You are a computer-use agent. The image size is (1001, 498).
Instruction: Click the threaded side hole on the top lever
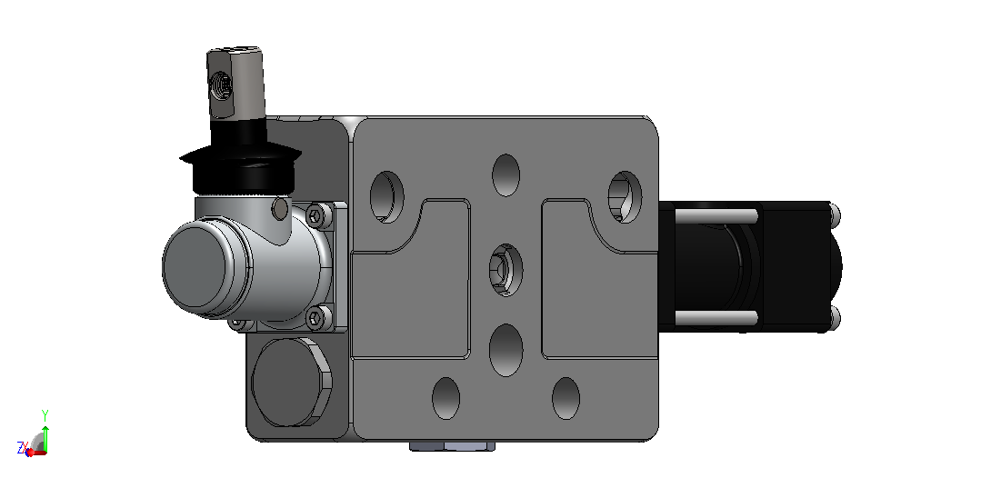(221, 85)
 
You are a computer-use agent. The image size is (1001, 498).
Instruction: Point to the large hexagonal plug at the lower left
(292, 383)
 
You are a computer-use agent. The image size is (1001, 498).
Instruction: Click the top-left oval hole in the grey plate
(387, 196)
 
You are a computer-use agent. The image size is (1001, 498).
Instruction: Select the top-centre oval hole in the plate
(506, 175)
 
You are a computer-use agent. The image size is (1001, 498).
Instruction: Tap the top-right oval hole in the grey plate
(625, 196)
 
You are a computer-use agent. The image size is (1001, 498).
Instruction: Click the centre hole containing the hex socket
(506, 270)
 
